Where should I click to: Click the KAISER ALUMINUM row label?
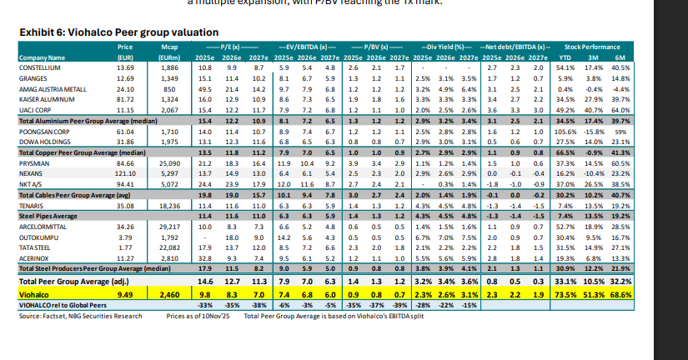click(47, 97)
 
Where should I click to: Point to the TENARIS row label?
click(33, 206)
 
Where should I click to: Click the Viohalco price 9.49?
click(125, 294)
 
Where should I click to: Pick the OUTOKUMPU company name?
click(38, 237)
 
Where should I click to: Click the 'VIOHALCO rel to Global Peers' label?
click(58, 306)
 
